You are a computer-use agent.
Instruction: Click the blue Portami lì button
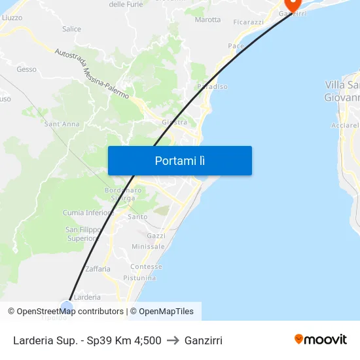179,160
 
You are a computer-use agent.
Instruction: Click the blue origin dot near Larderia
67,307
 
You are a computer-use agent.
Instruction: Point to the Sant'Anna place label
62,124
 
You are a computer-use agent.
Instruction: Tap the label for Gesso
27,69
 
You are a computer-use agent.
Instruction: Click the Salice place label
71,29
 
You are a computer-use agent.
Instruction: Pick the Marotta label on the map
207,20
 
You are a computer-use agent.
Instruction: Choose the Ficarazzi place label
248,22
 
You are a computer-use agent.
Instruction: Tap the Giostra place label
175,122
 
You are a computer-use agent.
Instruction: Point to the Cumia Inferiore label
88,213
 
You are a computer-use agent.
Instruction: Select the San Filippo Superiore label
83,234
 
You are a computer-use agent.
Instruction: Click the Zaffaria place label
98,268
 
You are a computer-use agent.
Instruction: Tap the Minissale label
149,247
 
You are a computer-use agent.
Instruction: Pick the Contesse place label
146,267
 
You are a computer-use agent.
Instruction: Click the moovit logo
321,340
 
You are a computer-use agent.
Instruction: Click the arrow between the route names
173,340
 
